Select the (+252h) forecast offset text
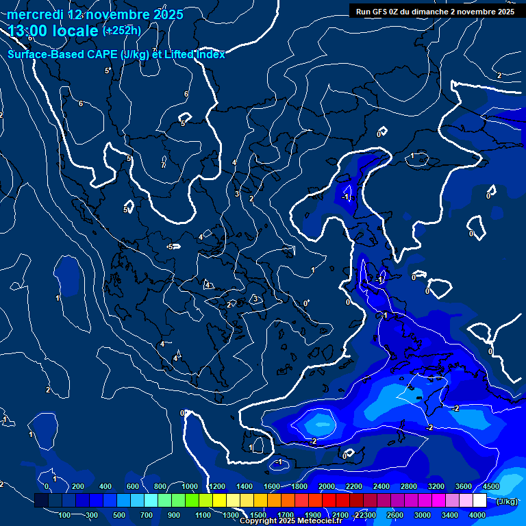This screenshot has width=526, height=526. click(x=122, y=31)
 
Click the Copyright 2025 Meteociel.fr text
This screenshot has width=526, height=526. click(x=290, y=521)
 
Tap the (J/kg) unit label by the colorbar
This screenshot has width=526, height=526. click(x=506, y=501)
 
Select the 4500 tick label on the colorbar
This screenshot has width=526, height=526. click(x=491, y=486)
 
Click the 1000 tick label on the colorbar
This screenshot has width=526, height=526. click(x=189, y=486)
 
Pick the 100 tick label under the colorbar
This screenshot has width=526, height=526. click(x=65, y=515)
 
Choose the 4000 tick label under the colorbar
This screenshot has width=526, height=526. click(x=477, y=515)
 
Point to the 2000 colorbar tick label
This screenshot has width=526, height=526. click(x=327, y=486)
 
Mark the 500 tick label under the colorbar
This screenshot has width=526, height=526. click(x=120, y=515)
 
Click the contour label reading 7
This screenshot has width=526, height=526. click(x=163, y=165)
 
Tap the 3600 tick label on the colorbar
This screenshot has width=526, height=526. click(x=464, y=486)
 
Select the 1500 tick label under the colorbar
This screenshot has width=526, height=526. click(x=258, y=515)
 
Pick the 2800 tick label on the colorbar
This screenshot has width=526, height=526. click(x=409, y=486)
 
